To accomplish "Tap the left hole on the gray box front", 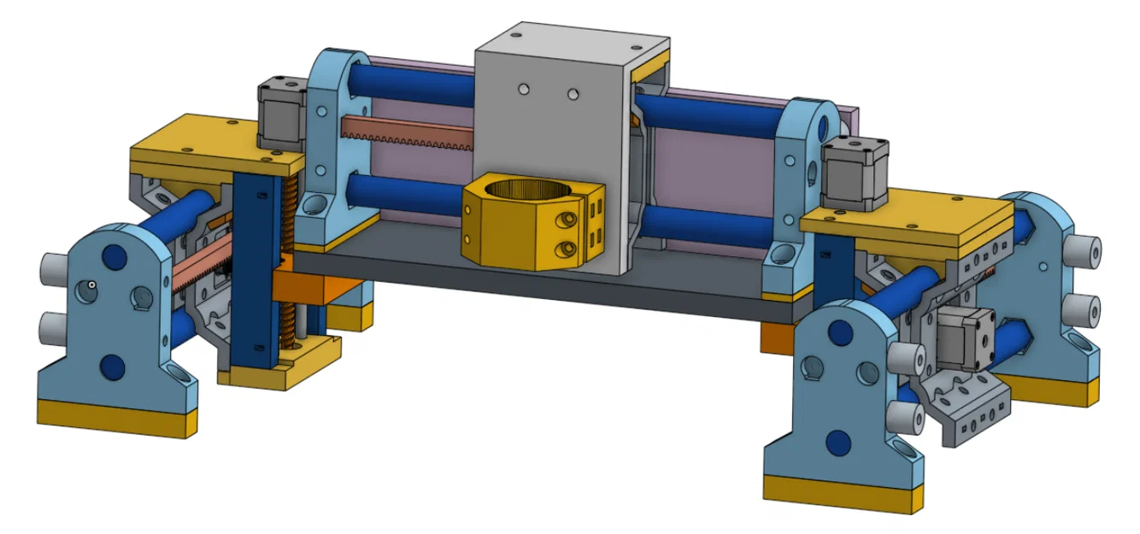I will tap(522, 89).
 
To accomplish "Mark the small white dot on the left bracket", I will tap(91, 285).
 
